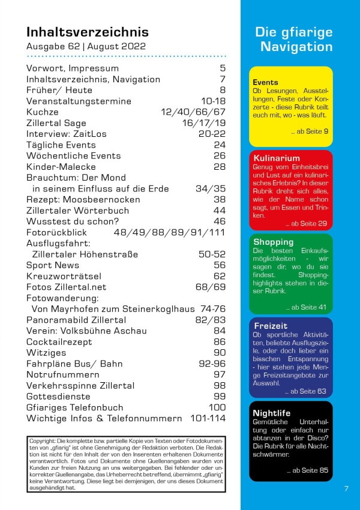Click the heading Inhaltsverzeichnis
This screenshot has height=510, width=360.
(x=88, y=32)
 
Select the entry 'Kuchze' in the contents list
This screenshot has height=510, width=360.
(x=43, y=112)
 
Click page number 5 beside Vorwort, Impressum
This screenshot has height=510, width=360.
(x=222, y=68)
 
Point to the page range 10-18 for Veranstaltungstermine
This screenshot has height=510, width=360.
(x=213, y=101)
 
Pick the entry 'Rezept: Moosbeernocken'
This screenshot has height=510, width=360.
(x=83, y=199)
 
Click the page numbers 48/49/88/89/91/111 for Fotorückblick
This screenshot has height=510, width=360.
(x=169, y=232)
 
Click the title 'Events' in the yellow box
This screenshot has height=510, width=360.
(x=265, y=82)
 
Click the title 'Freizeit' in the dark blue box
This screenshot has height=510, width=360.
(x=271, y=326)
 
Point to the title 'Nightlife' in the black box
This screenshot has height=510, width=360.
(x=272, y=413)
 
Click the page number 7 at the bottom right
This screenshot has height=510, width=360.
(x=346, y=488)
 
